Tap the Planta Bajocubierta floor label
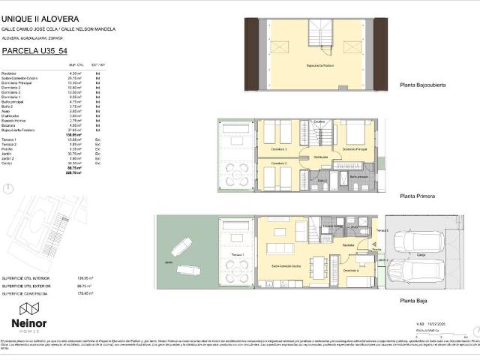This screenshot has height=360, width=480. click(x=423, y=85)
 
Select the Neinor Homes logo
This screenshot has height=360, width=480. click(x=28, y=316)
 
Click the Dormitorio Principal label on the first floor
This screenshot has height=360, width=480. click(x=358, y=149)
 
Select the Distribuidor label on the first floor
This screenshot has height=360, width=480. click(x=321, y=156)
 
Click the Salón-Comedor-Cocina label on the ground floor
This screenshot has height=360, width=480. click(x=286, y=266)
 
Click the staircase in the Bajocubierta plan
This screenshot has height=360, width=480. click(x=325, y=37)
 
